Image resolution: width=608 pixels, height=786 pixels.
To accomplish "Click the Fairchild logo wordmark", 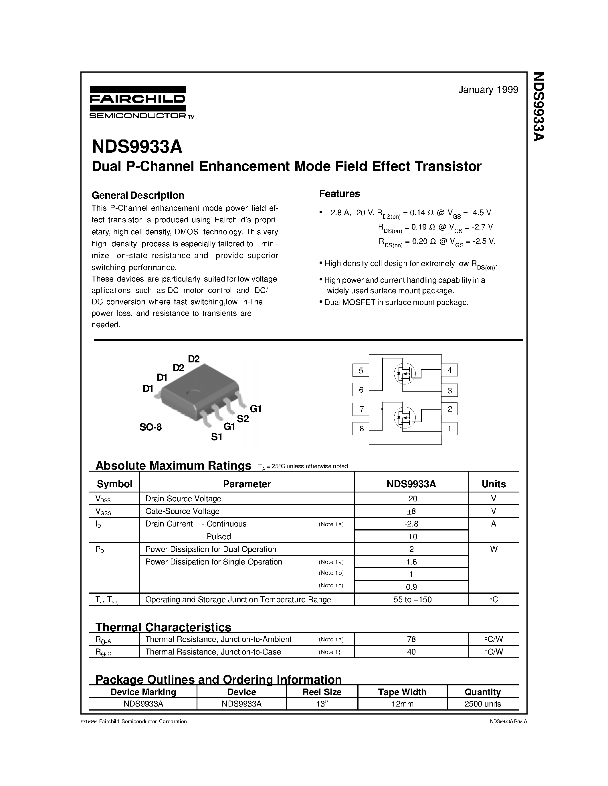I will [x=137, y=99].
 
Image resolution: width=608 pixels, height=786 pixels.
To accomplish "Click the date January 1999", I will [x=488, y=90].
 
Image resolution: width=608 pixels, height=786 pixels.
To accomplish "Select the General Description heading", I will [x=138, y=195].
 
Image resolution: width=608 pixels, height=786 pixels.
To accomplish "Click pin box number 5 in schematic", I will [x=361, y=370].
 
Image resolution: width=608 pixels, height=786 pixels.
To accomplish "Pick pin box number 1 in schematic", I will [x=449, y=429].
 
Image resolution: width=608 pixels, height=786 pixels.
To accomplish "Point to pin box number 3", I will [x=449, y=390].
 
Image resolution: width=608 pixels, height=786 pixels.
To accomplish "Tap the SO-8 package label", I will [x=150, y=428].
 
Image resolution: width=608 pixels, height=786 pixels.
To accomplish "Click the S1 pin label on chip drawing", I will [x=217, y=437].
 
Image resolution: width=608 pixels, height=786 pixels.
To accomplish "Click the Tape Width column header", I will [x=402, y=692].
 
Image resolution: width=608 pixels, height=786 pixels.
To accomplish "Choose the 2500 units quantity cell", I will [x=483, y=704].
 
